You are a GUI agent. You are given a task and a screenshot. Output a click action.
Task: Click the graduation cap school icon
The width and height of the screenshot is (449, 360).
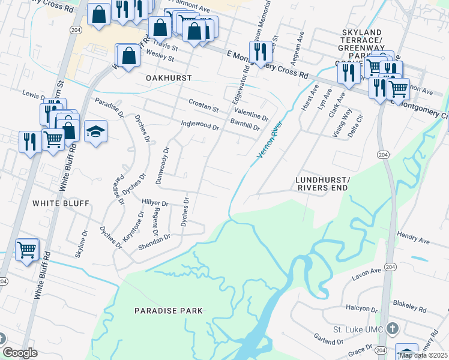tap(95, 131)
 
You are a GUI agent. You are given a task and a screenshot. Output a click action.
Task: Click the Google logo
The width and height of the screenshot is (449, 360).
tap(20, 353)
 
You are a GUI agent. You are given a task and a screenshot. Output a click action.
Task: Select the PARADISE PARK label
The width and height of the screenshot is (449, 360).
tap(169, 311)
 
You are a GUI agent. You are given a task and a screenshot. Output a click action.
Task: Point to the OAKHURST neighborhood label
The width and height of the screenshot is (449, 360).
tap(169, 79)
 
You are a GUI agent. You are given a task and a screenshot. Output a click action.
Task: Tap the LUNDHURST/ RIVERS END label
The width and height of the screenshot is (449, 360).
tap(322, 184)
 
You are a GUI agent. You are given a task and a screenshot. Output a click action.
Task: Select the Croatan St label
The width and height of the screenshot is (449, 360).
tap(203, 106)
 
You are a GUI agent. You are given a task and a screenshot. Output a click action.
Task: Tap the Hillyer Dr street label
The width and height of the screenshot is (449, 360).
tap(155, 203)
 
